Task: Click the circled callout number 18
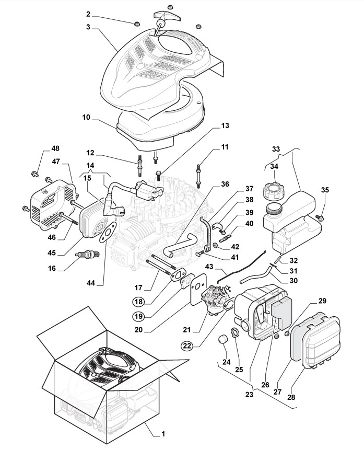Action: point(139,302)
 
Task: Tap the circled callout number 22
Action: point(187,346)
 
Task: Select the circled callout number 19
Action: point(139,316)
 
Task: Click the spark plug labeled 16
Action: point(87,254)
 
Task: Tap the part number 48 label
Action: point(55,148)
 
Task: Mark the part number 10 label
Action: point(86,118)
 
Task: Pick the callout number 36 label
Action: point(225,184)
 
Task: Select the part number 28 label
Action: point(291,397)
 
